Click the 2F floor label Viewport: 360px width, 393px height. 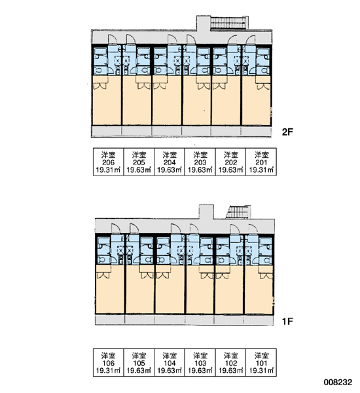(x=287, y=132)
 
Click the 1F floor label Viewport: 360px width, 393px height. (x=287, y=321)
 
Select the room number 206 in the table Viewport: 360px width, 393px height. (x=108, y=162)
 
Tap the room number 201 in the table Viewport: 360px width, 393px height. (x=261, y=162)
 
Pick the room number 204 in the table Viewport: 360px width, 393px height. (x=170, y=162)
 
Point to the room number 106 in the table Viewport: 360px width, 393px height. (x=108, y=363)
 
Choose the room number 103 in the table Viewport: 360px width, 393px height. (x=200, y=363)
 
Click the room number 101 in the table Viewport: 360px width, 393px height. (x=261, y=363)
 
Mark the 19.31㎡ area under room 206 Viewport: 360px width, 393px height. (x=108, y=170)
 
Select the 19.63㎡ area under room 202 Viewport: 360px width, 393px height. (x=231, y=170)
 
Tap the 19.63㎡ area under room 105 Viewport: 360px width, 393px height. (x=139, y=371)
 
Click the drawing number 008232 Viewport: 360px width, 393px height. (x=338, y=383)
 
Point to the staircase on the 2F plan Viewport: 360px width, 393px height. (x=228, y=22)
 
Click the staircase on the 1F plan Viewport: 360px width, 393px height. (x=238, y=212)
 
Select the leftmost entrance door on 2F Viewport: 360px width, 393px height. (x=113, y=39)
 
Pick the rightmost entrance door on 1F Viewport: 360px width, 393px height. (x=253, y=229)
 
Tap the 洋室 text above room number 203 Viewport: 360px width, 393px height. (x=200, y=155)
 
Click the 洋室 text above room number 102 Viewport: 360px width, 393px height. (x=231, y=356)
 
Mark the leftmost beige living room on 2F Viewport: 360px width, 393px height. (x=107, y=100)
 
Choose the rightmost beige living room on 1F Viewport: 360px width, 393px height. (x=259, y=290)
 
